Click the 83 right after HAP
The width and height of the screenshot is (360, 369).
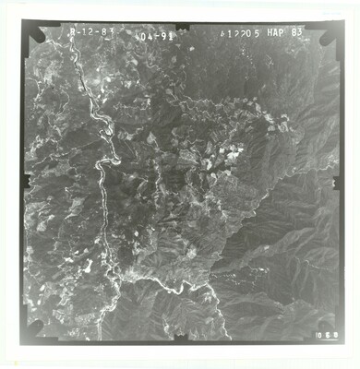pos(296,31)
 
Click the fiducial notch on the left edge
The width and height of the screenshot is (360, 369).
pos(26,182)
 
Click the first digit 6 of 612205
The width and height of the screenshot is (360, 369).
pos(224,31)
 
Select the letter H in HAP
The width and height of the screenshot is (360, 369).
pos(268,31)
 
